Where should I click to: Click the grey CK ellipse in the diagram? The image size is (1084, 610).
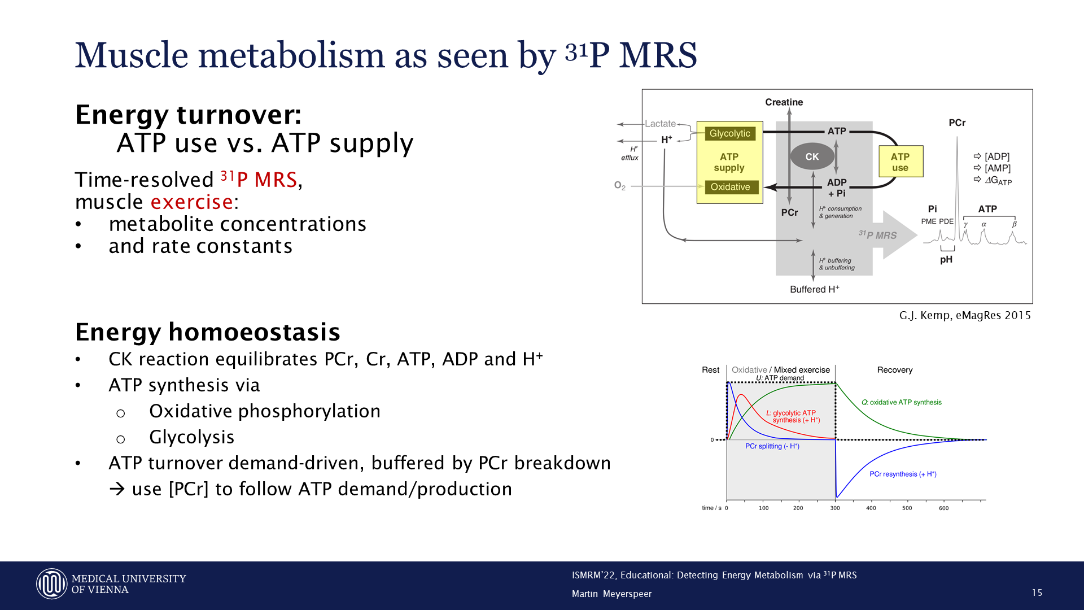[812, 156]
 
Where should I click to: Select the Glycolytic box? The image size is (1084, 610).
[730, 133]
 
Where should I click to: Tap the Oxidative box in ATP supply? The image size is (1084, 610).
[730, 187]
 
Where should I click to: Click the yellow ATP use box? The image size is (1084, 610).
[901, 162]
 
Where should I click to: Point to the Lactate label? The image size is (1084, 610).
[660, 124]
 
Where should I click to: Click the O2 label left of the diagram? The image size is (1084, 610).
[619, 185]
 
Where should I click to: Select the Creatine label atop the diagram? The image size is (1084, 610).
[784, 102]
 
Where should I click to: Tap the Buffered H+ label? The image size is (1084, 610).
[814, 289]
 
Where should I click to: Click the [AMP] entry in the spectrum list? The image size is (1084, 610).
[997, 168]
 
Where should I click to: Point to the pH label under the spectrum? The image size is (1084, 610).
[946, 260]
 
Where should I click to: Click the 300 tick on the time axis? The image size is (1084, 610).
[835, 508]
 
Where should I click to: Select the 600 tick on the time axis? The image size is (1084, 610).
[943, 508]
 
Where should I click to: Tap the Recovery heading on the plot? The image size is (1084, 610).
[894, 370]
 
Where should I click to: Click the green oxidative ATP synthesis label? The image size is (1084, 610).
[901, 402]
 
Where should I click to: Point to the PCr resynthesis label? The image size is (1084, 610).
[903, 474]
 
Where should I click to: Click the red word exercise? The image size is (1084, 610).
[192, 202]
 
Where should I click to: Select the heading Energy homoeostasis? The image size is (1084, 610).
[208, 332]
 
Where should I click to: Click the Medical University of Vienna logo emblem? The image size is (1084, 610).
[52, 584]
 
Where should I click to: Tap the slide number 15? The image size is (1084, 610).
[1037, 592]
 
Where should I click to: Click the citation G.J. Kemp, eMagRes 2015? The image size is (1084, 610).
[965, 315]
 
